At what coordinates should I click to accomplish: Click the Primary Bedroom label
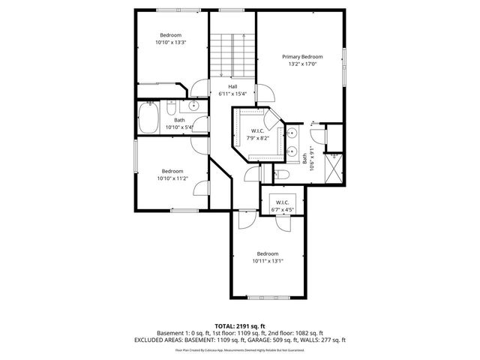click(302, 57)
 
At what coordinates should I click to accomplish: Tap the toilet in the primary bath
click(315, 137)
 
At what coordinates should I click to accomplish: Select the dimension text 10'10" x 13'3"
click(172, 43)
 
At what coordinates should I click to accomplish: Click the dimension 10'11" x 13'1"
click(267, 261)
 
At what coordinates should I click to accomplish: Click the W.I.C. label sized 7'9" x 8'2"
click(256, 131)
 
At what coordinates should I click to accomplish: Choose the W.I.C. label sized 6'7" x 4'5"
click(282, 202)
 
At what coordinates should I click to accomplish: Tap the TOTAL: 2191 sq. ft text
click(239, 325)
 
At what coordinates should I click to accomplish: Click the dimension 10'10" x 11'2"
click(172, 178)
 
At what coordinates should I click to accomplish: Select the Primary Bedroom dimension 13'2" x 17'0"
click(302, 64)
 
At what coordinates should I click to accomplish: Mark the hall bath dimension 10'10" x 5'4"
click(179, 127)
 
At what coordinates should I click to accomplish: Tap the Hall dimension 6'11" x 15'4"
click(233, 94)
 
